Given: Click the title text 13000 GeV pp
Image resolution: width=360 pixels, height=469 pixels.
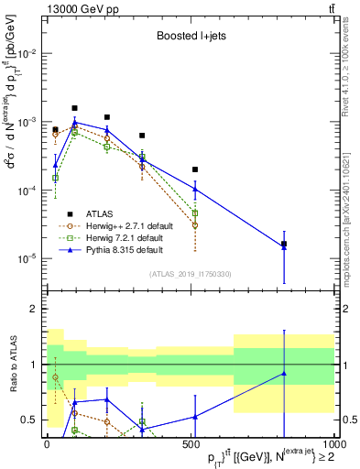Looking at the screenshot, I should pyautogui.click(x=79, y=8).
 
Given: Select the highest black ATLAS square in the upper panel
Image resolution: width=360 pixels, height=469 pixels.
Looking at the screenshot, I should pyautogui.click(x=75, y=108).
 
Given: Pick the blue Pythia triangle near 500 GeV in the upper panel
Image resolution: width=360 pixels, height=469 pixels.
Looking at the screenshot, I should pyautogui.click(x=195, y=189).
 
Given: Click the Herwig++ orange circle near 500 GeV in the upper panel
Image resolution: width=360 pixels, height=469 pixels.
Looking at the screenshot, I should pyautogui.click(x=195, y=224).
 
